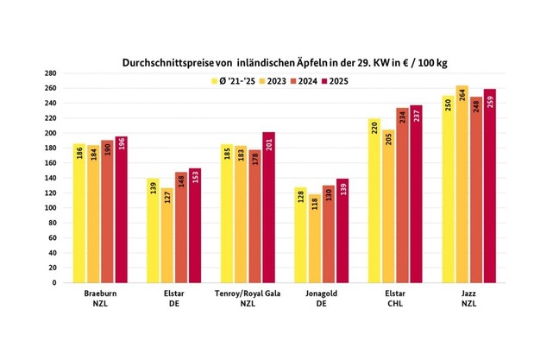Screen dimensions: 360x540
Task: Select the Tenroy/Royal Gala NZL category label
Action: click(x=248, y=298)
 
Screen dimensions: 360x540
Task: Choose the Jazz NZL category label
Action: click(x=469, y=298)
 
